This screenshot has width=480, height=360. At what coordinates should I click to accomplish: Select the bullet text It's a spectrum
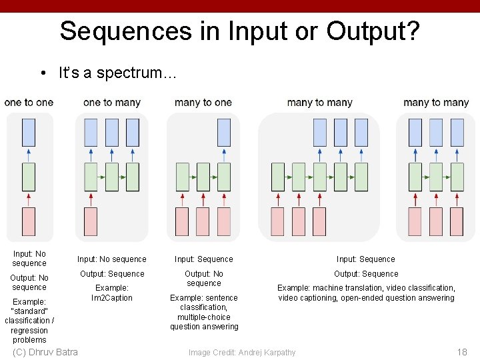117,73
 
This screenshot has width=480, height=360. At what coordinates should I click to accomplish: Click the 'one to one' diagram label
29,103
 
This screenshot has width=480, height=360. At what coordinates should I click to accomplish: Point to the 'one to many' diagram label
112,103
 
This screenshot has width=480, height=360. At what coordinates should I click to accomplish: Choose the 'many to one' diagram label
203,103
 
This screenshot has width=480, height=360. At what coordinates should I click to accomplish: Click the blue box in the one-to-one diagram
29,133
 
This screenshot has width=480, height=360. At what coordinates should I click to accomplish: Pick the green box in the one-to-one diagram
29,177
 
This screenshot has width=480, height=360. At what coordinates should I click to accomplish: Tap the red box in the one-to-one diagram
29,221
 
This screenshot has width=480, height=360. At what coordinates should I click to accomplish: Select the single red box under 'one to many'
91,221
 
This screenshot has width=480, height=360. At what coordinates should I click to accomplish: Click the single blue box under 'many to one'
224,133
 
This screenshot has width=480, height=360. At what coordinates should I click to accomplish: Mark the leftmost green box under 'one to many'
91,177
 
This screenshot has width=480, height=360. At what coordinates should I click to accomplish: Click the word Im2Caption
112,298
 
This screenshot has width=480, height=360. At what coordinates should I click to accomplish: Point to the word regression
29,331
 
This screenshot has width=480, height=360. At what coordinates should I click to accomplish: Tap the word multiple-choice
204,317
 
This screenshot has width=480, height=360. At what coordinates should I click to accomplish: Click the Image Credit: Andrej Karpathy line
242,353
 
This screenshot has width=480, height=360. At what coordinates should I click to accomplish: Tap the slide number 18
462,352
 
